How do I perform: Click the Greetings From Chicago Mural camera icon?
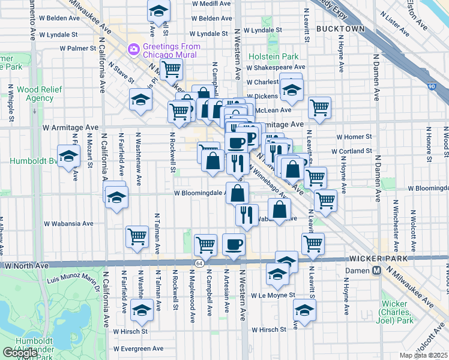click(x=133, y=48)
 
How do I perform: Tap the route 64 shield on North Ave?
click(x=199, y=263)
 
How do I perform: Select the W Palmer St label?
click(x=77, y=48)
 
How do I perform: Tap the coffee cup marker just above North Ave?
click(x=234, y=244)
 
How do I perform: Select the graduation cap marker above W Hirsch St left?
click(x=142, y=310)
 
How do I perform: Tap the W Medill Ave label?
click(x=211, y=3)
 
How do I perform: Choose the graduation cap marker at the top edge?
click(x=158, y=11)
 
